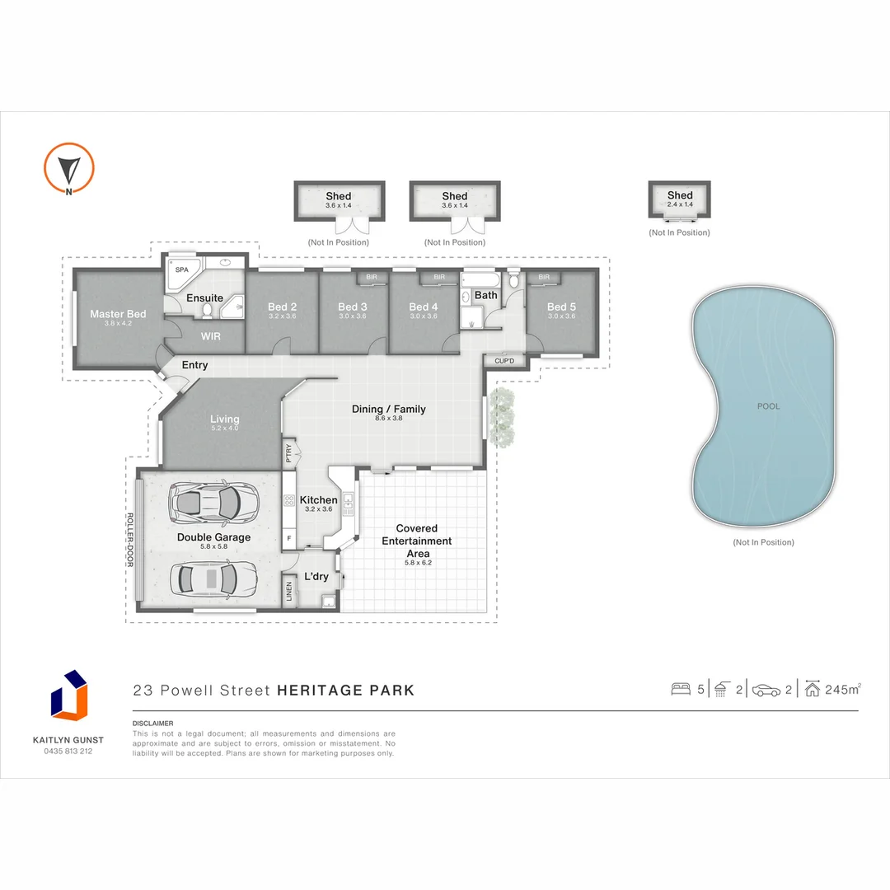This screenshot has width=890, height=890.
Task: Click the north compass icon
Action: [x=68, y=168]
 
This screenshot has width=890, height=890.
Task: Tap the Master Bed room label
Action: [x=118, y=314]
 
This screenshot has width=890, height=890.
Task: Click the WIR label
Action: [x=211, y=336]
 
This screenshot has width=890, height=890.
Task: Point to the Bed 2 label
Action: [x=282, y=307]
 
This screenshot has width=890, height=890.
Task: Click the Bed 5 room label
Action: [x=561, y=307]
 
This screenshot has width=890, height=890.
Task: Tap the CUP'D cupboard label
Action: [x=504, y=361]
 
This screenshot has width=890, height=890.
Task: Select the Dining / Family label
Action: [x=388, y=409]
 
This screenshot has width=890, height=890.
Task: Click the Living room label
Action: [x=224, y=419]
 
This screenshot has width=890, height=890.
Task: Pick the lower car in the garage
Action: [x=213, y=578]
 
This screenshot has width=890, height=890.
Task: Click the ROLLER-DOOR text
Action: [x=129, y=540]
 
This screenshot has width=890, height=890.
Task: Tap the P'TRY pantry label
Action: [x=289, y=452]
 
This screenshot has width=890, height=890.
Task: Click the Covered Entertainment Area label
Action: [x=416, y=541]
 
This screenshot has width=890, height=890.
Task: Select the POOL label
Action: [x=768, y=406]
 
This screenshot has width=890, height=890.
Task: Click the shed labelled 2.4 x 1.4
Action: [x=679, y=200]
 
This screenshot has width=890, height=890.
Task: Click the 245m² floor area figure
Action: [x=844, y=690]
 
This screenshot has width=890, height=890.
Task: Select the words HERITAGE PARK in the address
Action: [x=345, y=691]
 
